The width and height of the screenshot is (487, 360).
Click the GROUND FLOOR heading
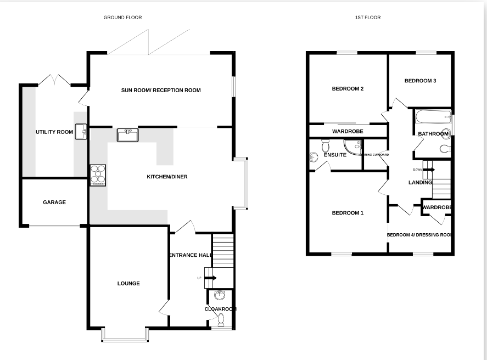(122, 18)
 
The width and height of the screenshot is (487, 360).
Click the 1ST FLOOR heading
(368, 18)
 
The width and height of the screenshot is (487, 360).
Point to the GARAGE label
(54, 203)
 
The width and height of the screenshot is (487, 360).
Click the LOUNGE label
(128, 284)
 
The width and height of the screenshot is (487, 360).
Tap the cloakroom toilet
(222, 318)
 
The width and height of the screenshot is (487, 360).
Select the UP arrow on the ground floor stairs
(210, 278)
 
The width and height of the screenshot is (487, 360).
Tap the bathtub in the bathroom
(432, 116)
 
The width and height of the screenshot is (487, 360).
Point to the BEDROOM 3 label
(420, 81)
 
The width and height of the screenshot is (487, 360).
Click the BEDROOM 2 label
(348, 89)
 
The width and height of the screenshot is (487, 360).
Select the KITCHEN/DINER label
(167, 177)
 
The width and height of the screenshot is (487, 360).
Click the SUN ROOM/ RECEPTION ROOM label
(161, 91)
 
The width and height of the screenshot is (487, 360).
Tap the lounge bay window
(125, 335)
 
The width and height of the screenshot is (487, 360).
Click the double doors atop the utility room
(54, 80)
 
